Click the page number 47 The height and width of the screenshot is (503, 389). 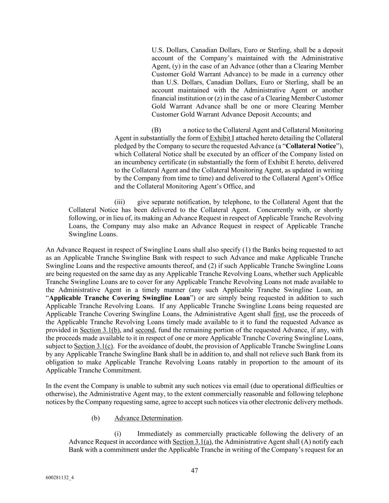[x=194, y=471]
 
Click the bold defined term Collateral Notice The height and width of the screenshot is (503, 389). [x=311, y=146]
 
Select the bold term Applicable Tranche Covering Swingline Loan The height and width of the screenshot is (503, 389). [x=119, y=298]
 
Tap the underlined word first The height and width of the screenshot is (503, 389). [x=278, y=314]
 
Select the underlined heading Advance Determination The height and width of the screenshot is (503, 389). [x=148, y=418]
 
